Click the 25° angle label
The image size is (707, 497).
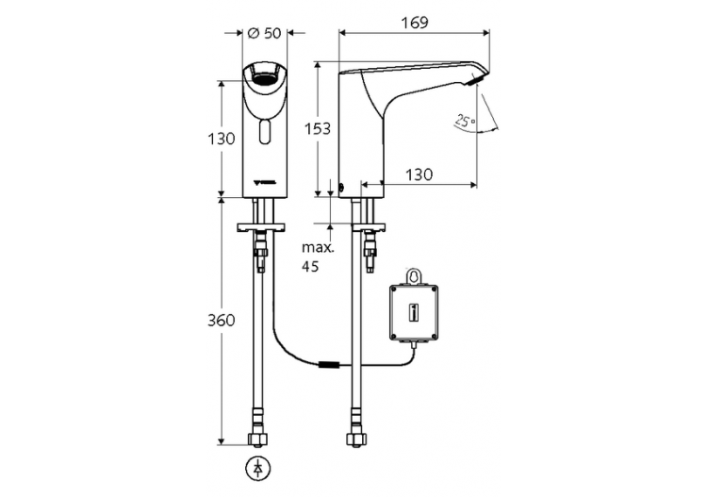[x=463, y=121]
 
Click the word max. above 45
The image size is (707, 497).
[x=316, y=248]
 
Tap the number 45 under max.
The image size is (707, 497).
[x=310, y=266]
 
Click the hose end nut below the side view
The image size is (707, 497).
[x=359, y=439]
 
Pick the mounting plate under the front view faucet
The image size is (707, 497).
[x=260, y=227]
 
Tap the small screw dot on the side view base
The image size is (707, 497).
[x=342, y=185]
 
